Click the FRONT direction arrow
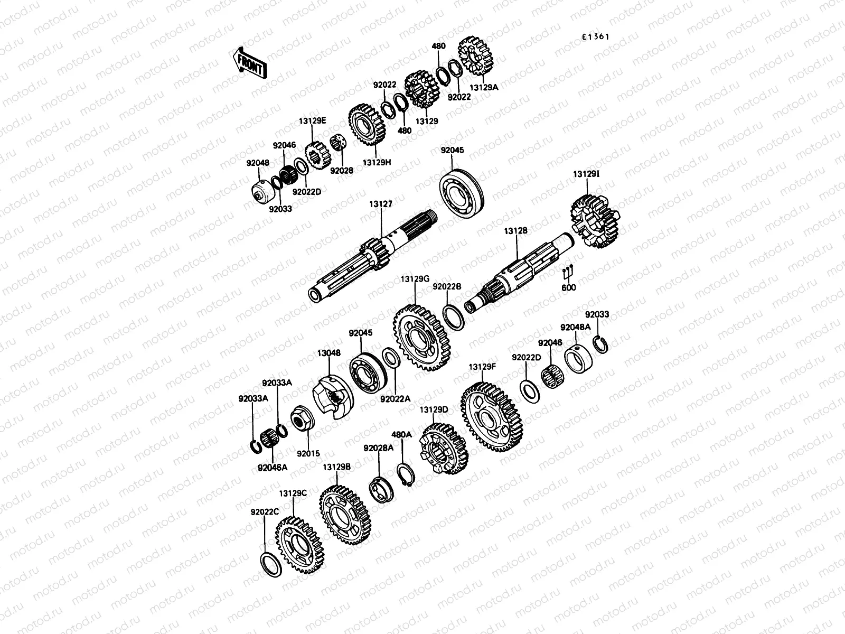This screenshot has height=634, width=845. pos(250,63)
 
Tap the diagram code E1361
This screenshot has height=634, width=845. pos(595,37)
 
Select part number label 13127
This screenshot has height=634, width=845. pos(380,204)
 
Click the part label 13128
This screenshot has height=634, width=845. pos(515,230)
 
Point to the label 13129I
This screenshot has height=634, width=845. pos(586,174)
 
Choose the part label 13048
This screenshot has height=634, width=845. pos(329,353)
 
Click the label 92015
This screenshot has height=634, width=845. pos(308,453)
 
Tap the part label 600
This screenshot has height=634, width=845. pos(568,287)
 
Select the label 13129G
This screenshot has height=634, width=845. pos(415,279)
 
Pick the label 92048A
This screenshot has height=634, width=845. pos(575,327)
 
